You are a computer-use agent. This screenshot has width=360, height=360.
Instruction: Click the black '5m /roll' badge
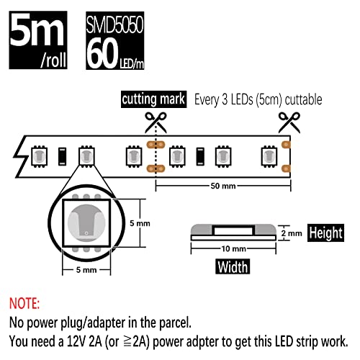point(38,40)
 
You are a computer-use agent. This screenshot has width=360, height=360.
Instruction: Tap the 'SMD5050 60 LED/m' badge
point(115,40)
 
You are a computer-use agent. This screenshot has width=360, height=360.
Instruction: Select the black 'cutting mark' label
point(153,99)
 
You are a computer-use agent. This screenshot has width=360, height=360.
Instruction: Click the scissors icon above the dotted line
point(156,122)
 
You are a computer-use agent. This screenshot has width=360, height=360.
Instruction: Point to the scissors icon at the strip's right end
point(289,122)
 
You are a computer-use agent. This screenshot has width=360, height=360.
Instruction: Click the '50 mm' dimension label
point(223,186)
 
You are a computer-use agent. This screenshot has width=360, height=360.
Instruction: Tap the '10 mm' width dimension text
point(233,248)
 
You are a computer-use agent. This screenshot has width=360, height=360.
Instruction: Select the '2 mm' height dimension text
point(292,233)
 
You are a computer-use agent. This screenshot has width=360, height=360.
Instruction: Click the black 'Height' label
point(325,233)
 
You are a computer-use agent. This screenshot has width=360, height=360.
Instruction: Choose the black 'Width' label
point(233,266)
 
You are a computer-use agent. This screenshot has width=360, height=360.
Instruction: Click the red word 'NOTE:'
point(24,303)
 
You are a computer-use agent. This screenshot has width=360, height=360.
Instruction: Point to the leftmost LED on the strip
point(39,156)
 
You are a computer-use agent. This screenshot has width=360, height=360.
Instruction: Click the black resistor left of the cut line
point(63,156)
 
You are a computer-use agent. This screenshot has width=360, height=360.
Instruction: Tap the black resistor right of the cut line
point(200,156)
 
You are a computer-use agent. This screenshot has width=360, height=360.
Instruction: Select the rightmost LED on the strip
point(269,156)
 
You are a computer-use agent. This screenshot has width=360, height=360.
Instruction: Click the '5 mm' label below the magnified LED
point(86,270)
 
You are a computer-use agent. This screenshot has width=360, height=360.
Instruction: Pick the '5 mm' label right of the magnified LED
point(140,223)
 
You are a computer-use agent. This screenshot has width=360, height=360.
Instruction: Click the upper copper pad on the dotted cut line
point(156,145)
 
